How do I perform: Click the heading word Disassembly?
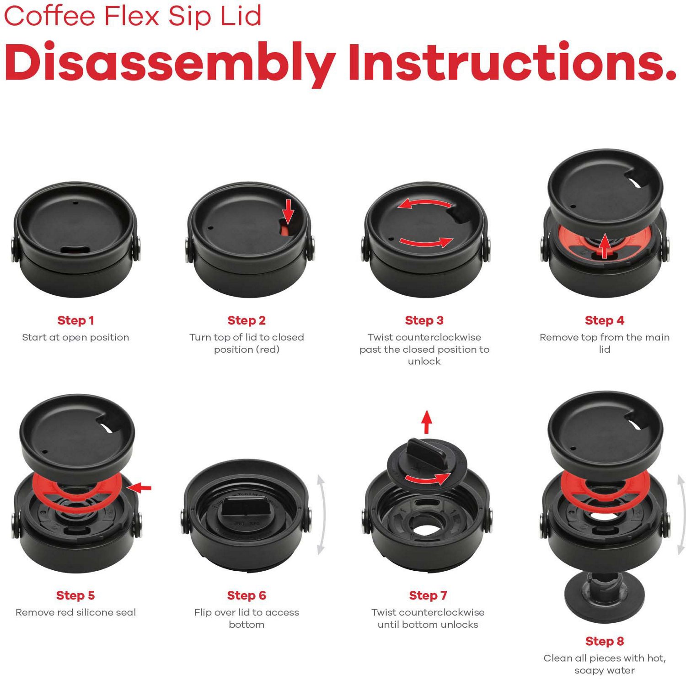pos(169,63)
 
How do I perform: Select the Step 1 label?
pos(75,320)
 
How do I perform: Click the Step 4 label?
pos(604,320)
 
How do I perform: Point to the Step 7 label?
pos(428,595)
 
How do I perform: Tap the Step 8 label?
pos(604,641)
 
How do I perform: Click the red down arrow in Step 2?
pos(288,211)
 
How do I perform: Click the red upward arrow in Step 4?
pos(605,246)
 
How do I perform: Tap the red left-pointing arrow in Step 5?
pos(139,488)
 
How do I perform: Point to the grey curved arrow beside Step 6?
pos(321,514)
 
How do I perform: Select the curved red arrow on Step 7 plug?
pos(428,479)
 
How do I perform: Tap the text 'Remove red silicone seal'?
pos(75,612)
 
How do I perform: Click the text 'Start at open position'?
pos(75,337)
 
